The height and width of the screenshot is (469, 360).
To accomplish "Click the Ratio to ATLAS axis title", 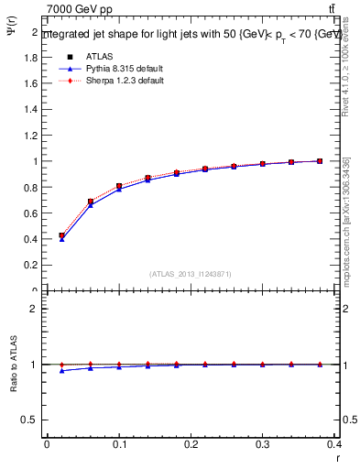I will [x=11, y=364].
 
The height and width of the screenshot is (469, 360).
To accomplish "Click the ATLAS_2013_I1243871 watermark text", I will [x=191, y=274].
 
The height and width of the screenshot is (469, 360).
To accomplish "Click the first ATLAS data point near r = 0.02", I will [x=61, y=235].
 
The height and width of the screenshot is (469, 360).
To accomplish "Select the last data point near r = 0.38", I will [x=320, y=161].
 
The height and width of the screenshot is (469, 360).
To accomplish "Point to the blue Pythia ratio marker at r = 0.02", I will [x=61, y=370].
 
